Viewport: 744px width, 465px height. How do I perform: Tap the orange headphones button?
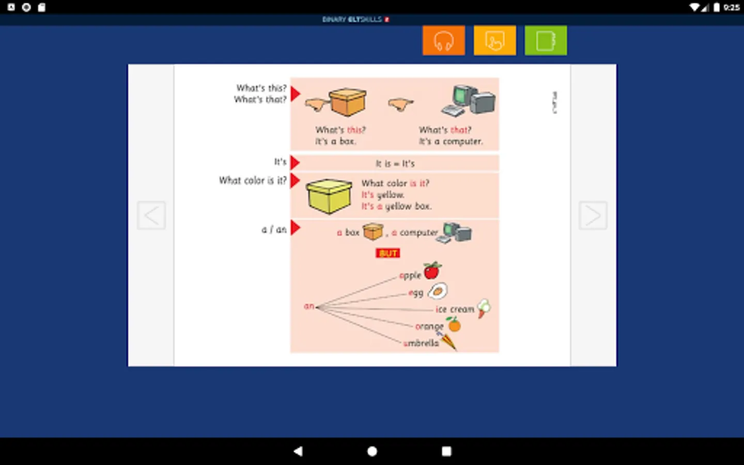point(443,40)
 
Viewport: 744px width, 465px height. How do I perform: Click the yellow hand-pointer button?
point(494,40)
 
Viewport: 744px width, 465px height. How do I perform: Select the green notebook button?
point(546,40)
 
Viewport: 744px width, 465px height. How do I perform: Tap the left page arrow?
point(151,215)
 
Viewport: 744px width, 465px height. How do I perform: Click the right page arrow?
point(593,215)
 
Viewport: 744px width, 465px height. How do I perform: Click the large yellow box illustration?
point(329,196)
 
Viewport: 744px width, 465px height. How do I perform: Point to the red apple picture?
point(432,270)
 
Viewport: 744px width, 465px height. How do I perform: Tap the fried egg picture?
point(438,291)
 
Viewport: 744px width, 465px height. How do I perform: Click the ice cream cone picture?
point(484,308)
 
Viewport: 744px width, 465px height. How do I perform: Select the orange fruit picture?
point(454,324)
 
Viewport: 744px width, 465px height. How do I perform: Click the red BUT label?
point(388,253)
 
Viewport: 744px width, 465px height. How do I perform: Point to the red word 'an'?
point(309,306)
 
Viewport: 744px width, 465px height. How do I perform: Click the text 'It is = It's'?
point(395,164)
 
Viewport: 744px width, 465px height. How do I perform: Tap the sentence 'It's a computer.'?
point(451,142)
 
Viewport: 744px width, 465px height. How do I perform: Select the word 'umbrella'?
point(421,343)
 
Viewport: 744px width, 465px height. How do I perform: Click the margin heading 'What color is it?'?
point(252,180)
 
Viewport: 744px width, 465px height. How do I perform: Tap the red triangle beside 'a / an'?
point(295,227)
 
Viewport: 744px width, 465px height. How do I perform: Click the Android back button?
point(298,451)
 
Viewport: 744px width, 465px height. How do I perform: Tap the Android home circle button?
point(372,451)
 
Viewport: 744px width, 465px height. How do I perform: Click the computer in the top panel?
point(469,100)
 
